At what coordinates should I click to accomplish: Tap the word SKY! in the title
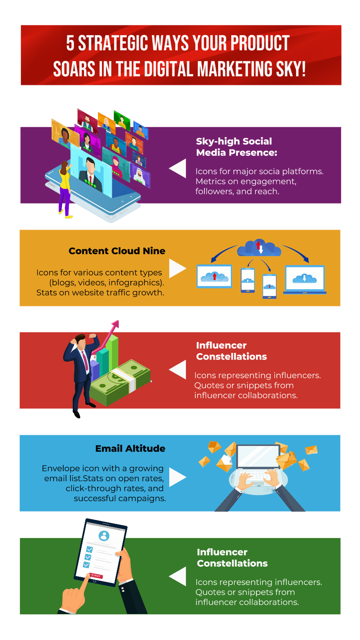coord(290,69)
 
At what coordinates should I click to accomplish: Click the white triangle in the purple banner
coord(179,168)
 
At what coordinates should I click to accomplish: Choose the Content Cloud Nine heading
coord(117,251)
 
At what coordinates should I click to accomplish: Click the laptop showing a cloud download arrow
coord(305,279)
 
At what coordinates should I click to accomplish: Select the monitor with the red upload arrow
coord(214,276)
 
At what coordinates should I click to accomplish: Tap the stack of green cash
coord(120,382)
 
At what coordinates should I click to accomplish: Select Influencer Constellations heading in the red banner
coord(231,351)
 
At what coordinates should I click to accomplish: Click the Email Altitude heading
coord(130,448)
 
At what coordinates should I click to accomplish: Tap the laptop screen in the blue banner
coord(258,456)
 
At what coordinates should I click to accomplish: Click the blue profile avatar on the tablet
coord(104,536)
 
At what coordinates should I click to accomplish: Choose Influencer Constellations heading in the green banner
coord(232,558)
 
